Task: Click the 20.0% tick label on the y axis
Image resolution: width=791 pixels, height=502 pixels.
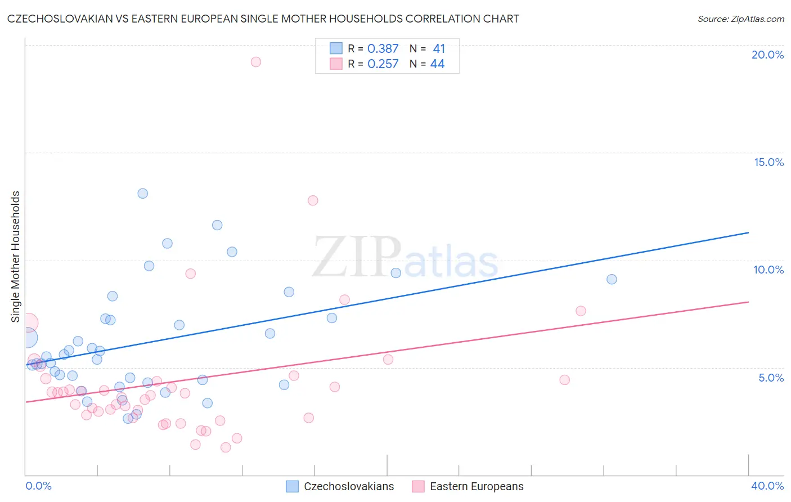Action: pyautogui.click(x=767, y=55)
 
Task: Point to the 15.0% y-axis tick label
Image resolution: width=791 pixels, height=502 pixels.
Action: pyautogui.click(x=768, y=162)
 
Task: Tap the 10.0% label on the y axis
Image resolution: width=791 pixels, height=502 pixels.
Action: pyautogui.click(x=768, y=270)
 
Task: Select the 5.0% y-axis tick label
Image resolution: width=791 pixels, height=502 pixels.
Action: pyautogui.click(x=771, y=378)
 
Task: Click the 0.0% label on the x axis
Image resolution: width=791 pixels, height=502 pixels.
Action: pyautogui.click(x=38, y=486)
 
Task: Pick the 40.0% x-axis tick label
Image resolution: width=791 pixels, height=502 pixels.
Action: pyautogui.click(x=767, y=486)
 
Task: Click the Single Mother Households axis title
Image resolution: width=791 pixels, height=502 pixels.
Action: pyautogui.click(x=15, y=257)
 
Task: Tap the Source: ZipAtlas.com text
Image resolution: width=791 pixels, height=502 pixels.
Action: pyautogui.click(x=740, y=19)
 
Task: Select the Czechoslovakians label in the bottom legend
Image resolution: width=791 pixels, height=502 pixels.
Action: pyautogui.click(x=349, y=486)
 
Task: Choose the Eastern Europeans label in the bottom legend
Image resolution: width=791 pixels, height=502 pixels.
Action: pyautogui.click(x=477, y=486)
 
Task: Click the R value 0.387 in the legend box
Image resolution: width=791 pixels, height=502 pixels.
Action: pyautogui.click(x=383, y=49)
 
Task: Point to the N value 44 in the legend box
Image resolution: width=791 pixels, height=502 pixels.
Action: pyautogui.click(x=437, y=64)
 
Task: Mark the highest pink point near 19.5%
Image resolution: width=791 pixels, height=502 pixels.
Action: pyautogui.click(x=256, y=62)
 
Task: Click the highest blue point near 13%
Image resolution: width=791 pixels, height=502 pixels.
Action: pyautogui.click(x=143, y=194)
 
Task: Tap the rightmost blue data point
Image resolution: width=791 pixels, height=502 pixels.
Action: pyautogui.click(x=612, y=279)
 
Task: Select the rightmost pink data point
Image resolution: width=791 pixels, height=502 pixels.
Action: pyautogui.click(x=581, y=311)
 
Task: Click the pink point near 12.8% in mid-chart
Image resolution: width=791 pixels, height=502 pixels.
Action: pyautogui.click(x=313, y=200)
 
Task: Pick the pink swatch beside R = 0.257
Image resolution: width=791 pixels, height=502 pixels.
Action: pyautogui.click(x=336, y=64)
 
